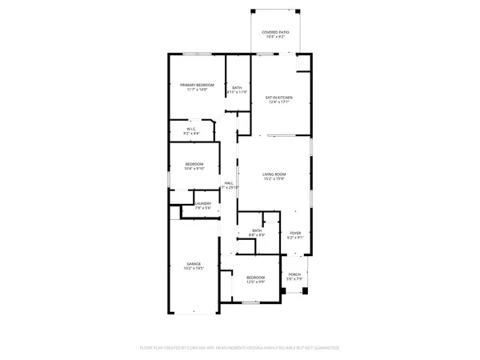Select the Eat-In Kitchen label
click(279, 98)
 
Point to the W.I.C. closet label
click(192, 128)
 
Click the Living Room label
click(274, 174)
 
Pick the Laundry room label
click(202, 204)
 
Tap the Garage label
click(194, 263)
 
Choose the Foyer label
click(295, 233)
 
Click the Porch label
click(294, 274)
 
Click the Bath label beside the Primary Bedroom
click(237, 88)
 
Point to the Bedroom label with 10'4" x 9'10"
click(194, 164)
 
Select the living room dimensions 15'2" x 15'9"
click(274, 179)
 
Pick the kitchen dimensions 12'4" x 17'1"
click(279, 102)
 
